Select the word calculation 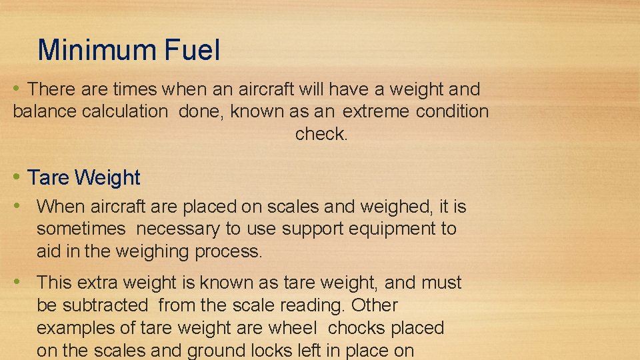click(x=125, y=111)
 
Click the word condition click(x=452, y=111)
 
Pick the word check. click(x=321, y=134)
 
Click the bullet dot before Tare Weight click(x=17, y=177)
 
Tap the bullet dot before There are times click(x=17, y=88)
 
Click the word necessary click(x=178, y=229)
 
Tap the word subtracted click(x=105, y=305)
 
